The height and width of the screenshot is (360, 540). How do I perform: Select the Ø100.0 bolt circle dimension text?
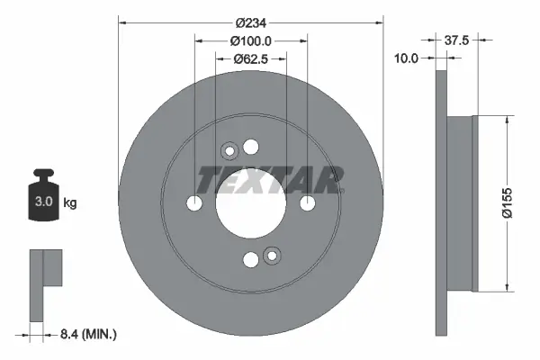pyautogui.click(x=251, y=40)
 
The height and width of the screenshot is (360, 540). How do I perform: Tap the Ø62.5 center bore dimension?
pyautogui.click(x=251, y=59)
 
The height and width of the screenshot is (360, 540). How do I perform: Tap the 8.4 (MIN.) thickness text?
pyautogui.click(x=87, y=334)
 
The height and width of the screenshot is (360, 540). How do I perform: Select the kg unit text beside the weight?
pyautogui.click(x=70, y=203)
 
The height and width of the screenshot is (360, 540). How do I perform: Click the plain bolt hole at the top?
pyautogui.click(x=251, y=148)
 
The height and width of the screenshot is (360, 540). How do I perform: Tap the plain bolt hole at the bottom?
pyautogui.click(x=251, y=261)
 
